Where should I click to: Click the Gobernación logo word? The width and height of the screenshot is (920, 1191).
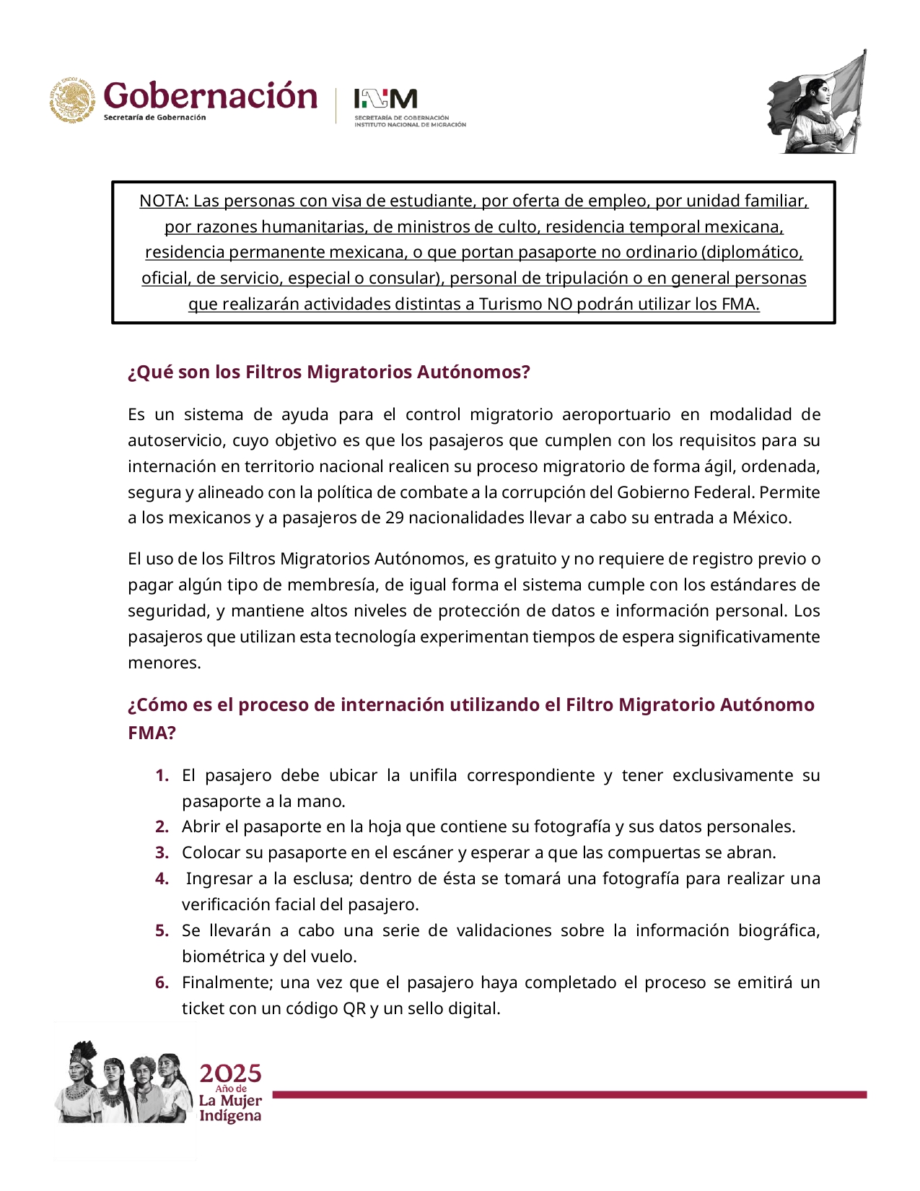click(210, 96)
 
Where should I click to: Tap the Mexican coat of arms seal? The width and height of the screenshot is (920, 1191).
click(72, 100)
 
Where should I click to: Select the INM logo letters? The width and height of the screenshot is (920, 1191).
click(385, 98)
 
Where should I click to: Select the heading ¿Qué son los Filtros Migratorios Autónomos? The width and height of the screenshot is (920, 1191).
click(328, 372)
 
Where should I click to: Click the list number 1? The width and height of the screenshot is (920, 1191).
click(162, 775)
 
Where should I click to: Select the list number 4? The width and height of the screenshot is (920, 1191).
click(162, 878)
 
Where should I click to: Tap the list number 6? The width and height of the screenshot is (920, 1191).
click(162, 982)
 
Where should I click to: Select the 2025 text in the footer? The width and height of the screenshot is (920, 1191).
click(230, 1073)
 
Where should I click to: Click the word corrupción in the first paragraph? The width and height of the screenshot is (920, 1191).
click(538, 492)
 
